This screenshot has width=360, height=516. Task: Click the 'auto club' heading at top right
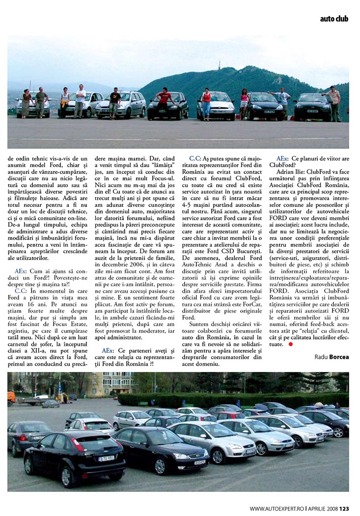pyautogui.click(x=334, y=19)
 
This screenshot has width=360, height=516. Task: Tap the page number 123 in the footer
pyautogui.click(x=344, y=509)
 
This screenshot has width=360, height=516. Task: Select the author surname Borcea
pyautogui.click(x=339, y=357)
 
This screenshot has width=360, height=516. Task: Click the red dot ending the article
pyautogui.click(x=290, y=344)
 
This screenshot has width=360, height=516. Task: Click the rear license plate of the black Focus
pyautogui.click(x=106, y=458)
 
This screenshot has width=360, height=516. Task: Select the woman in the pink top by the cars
pyautogui.click(x=244, y=103)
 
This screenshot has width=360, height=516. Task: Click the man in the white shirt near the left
pyautogui.click(x=80, y=101)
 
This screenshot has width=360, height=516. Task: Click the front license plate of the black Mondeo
pyautogui.click(x=199, y=461)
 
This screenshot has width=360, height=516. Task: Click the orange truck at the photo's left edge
pyautogui.click(x=11, y=398)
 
